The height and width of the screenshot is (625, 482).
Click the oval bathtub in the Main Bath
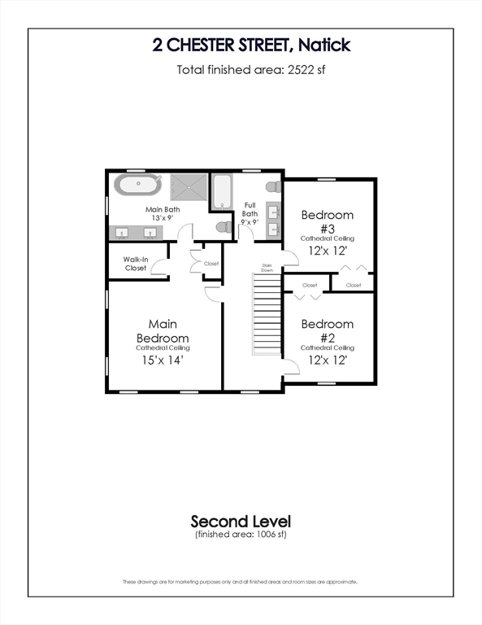(138, 185)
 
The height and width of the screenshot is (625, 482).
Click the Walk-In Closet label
(135, 264)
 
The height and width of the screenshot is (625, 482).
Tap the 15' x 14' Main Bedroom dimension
(163, 359)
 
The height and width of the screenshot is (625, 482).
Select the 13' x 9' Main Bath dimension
(163, 219)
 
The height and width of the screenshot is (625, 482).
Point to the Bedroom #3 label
(328, 221)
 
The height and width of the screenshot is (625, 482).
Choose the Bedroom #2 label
(328, 330)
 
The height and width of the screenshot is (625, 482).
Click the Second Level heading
(241, 521)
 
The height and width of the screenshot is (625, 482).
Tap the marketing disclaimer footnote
(241, 582)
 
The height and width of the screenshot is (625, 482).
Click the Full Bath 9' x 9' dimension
(250, 222)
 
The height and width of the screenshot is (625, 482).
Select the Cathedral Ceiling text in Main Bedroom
(163, 347)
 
